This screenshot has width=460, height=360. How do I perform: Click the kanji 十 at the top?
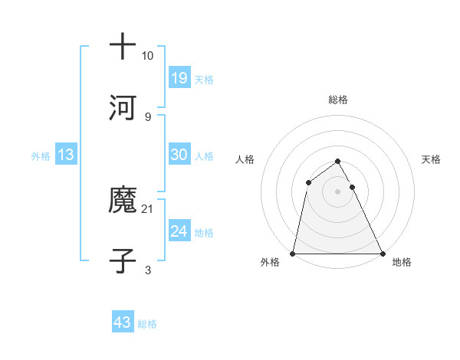[123, 47]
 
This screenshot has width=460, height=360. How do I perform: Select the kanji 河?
[123, 108]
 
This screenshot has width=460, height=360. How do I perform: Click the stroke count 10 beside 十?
[147, 56]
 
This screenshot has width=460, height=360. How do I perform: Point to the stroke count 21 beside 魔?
[147, 208]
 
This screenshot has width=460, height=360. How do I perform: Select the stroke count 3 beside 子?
[147, 270]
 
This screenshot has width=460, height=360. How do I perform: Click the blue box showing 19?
[179, 77]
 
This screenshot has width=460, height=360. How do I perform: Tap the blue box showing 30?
[179, 154]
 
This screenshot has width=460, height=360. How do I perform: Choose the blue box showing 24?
[179, 231]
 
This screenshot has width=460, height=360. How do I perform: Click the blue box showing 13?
[66, 155]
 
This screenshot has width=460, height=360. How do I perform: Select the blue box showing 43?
[123, 322]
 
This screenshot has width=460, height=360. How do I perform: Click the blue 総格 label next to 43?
[147, 324]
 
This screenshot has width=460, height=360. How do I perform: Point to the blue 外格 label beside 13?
[41, 155]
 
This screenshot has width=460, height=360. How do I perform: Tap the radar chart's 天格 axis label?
[432, 159]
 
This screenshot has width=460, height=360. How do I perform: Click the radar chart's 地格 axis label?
[402, 262]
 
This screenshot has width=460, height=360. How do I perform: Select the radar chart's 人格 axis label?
[245, 159]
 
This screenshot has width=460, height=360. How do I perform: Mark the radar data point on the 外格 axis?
[293, 254]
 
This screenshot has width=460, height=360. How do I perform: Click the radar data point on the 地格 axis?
[383, 254]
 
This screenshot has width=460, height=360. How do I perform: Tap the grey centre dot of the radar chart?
[338, 191]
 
